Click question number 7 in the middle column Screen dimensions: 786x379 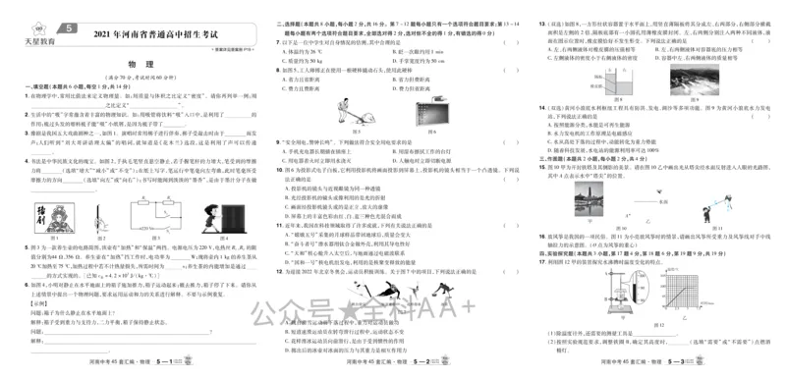pyautogui.click(x=282, y=41)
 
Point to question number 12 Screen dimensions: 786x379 pyautogui.click(x=280, y=271)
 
